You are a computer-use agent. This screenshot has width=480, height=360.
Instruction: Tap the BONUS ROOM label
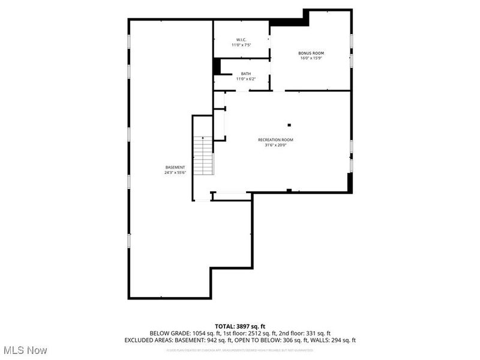[x=311, y=53]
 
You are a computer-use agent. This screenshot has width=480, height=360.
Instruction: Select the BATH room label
[x=246, y=74]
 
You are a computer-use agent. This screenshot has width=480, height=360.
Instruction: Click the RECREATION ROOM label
[x=275, y=140]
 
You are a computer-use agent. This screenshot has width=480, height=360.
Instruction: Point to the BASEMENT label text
[x=175, y=167]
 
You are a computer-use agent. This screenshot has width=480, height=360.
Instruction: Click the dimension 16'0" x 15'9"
[x=311, y=58]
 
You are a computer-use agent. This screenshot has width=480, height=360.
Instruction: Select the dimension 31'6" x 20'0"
[x=275, y=145]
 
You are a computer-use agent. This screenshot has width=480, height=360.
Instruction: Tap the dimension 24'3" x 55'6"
[x=175, y=172]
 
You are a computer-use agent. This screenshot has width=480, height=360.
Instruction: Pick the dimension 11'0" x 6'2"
[x=246, y=79]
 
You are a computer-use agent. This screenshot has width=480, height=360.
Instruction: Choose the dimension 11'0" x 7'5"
[x=241, y=45]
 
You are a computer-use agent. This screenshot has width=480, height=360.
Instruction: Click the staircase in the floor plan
[x=203, y=156]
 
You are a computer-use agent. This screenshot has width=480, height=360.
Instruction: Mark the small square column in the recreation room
[x=289, y=125]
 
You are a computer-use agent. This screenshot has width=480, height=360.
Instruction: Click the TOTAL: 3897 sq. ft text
[x=239, y=326]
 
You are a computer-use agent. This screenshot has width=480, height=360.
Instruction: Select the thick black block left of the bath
[x=217, y=66]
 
